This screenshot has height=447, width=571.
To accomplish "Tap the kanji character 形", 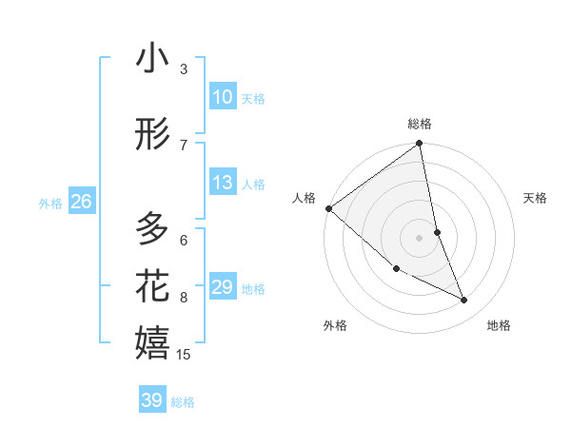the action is [x=152, y=135].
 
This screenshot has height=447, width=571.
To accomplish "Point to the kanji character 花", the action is [x=152, y=285].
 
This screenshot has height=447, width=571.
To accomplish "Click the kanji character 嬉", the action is [x=152, y=342].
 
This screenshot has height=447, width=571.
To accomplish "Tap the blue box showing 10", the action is [x=222, y=97].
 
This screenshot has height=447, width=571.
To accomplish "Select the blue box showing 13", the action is [x=222, y=183].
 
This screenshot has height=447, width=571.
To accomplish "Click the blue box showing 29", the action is [x=222, y=287].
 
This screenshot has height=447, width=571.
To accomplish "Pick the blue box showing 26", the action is [x=81, y=202].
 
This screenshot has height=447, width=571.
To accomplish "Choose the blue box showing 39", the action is [x=151, y=400].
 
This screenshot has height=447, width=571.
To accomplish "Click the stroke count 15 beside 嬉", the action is [x=184, y=355].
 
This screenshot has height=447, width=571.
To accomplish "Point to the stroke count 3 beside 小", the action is [x=184, y=68].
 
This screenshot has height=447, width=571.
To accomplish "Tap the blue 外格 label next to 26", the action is [x=50, y=203].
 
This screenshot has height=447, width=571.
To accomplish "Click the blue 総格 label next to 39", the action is [x=183, y=402].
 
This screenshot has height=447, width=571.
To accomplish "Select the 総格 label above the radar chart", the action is [x=420, y=124].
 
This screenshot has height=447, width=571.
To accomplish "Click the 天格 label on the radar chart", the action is [x=535, y=198].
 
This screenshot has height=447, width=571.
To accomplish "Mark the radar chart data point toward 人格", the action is [x=328, y=208].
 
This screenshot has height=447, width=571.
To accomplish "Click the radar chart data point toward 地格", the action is [x=464, y=301].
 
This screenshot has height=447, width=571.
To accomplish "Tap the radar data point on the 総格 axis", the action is [x=420, y=145].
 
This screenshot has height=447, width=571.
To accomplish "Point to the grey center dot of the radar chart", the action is [x=420, y=237].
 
